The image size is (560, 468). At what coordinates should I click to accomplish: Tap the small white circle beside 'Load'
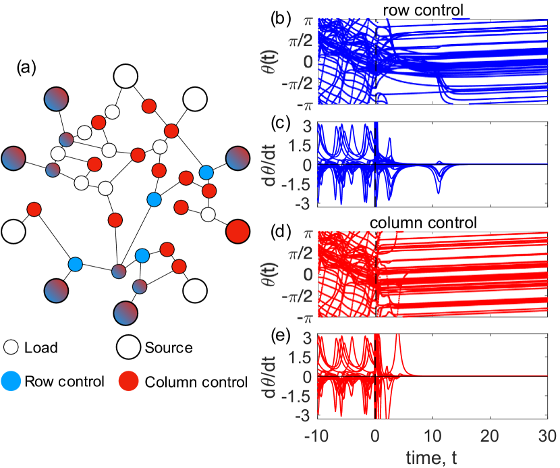coord(11,348)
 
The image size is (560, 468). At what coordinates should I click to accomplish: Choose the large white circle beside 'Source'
coord(128,348)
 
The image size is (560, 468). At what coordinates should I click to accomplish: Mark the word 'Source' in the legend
coord(168,348)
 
